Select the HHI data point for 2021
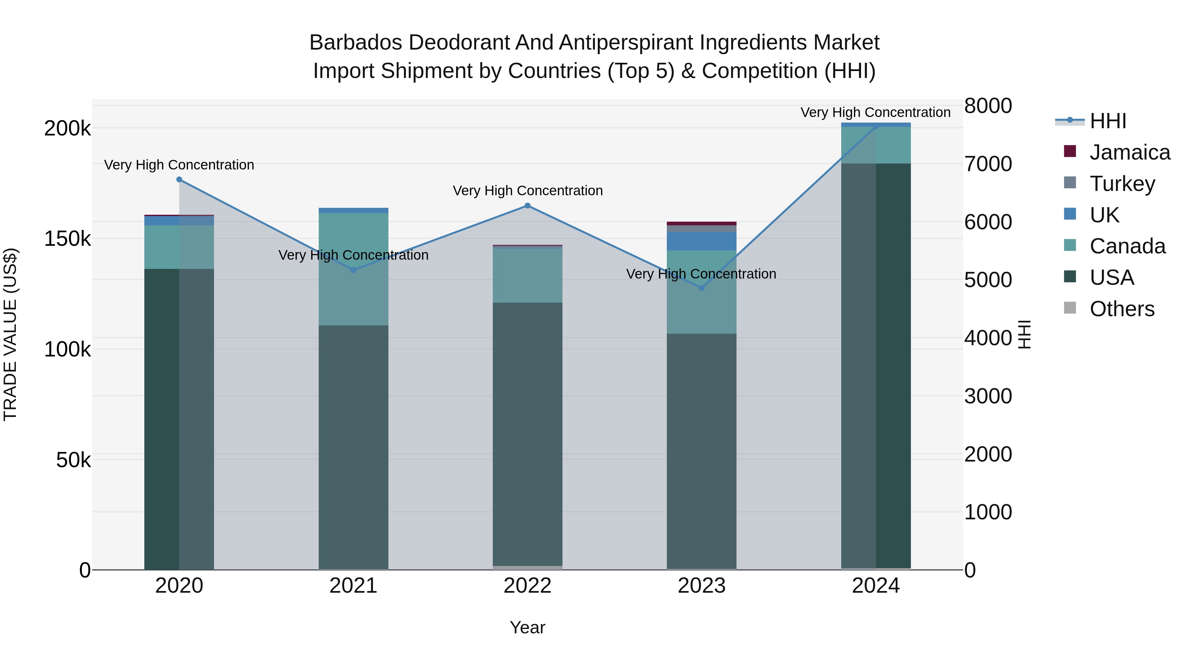(x=353, y=270)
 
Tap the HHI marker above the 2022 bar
(x=527, y=206)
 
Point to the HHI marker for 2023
(x=702, y=288)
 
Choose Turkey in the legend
(x=1122, y=184)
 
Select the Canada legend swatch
(x=1070, y=245)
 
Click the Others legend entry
(x=1122, y=309)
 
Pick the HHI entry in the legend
(x=1107, y=121)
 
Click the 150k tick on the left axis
(x=67, y=239)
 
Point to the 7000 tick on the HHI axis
(x=988, y=164)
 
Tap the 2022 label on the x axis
(x=527, y=586)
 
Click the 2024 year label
(x=876, y=586)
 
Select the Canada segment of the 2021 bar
(x=353, y=269)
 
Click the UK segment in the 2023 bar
(x=702, y=241)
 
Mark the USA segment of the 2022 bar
(x=527, y=434)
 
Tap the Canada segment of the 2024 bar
(x=876, y=145)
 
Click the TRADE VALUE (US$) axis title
(x=10, y=334)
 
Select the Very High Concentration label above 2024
(x=875, y=112)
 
